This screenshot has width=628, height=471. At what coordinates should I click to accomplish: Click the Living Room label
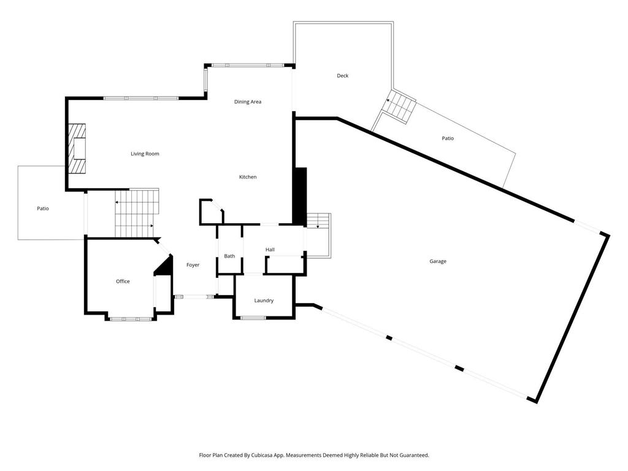145,153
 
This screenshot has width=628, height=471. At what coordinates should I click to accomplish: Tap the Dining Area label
248,102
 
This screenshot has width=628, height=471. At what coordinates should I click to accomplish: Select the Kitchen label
248,177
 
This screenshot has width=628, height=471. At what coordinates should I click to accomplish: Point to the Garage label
438,261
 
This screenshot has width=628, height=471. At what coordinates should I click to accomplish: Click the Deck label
342,76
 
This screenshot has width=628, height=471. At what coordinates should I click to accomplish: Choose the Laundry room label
264,301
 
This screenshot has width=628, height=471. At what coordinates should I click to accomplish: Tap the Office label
123,281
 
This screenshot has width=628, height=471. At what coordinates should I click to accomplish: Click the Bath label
229,256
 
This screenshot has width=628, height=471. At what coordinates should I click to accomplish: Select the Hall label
270,250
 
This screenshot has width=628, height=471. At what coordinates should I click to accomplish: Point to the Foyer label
193,265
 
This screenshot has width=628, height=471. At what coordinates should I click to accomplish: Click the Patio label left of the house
42,209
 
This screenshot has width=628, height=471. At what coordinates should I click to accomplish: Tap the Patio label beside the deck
448,139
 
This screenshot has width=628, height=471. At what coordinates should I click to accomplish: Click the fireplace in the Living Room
77,149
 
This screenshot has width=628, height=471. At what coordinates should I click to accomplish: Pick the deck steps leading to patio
399,107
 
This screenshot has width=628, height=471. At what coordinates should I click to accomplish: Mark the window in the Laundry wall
253,318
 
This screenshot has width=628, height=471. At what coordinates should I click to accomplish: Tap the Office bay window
130,319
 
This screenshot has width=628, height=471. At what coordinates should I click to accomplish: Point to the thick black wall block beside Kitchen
300,196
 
